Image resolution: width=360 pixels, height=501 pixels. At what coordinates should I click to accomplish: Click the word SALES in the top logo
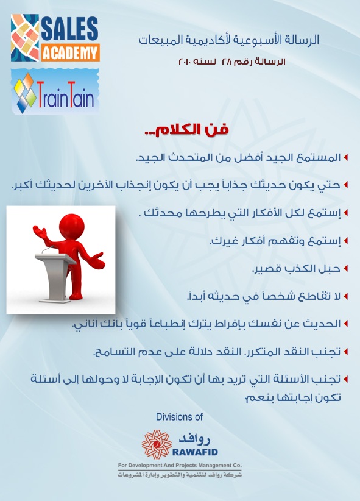click(69, 29)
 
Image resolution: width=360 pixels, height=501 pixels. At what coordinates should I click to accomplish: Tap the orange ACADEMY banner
click(70, 52)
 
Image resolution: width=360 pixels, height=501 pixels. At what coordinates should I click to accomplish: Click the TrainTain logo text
click(65, 95)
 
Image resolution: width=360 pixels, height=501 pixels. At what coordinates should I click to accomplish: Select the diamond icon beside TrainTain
click(25, 93)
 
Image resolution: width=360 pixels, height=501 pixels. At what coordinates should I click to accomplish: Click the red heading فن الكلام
click(186, 130)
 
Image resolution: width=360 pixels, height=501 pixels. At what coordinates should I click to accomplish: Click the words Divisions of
click(180, 417)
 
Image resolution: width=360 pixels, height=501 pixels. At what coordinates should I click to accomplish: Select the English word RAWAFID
click(195, 452)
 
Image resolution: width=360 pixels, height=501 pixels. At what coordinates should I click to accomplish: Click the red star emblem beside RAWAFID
click(157, 444)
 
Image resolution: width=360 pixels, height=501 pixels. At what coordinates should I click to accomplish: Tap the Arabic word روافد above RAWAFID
click(194, 439)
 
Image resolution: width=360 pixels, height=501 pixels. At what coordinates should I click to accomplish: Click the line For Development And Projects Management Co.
click(180, 465)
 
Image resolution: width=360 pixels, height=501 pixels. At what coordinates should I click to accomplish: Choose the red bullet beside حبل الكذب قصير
click(345, 268)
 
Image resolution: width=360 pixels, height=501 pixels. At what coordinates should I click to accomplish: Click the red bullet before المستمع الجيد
click(345, 157)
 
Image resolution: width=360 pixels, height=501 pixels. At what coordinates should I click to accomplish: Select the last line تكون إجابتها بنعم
click(292, 397)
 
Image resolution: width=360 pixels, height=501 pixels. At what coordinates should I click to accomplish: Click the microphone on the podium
click(48, 249)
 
